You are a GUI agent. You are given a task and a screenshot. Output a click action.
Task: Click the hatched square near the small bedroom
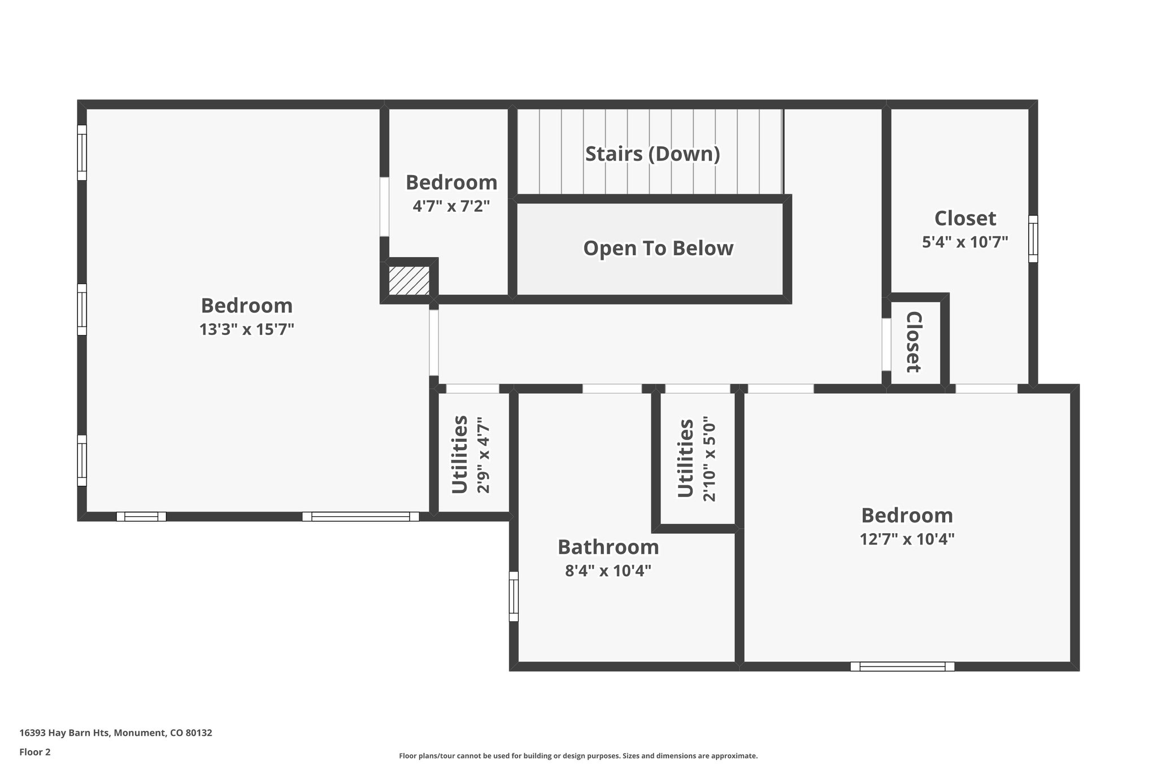409,281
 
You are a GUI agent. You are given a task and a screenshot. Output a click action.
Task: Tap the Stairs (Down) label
653,154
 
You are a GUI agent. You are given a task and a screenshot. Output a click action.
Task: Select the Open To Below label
658,249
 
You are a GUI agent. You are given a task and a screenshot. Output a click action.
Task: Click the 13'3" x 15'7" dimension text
247,329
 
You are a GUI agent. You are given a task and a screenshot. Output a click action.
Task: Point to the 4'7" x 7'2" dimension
451,206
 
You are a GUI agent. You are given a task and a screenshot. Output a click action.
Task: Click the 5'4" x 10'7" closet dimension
965,242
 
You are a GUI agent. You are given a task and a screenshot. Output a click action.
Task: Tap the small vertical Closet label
914,342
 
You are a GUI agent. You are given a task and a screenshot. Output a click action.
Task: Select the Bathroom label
608,547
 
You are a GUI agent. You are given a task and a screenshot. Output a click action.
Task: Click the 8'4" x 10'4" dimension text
608,571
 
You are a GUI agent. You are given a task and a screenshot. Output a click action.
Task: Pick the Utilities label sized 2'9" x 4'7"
460,455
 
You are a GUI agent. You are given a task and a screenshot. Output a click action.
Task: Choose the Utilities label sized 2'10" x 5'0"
685,459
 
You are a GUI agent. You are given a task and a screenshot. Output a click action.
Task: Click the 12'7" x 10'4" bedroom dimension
907,539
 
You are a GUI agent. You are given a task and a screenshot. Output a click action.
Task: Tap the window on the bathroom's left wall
514,596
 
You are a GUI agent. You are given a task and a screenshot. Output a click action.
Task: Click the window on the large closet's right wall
1033,239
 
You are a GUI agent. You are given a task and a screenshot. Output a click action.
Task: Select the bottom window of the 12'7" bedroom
902,667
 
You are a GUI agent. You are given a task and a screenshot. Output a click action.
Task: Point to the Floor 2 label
35,752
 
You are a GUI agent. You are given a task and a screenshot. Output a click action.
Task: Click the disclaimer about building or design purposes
578,756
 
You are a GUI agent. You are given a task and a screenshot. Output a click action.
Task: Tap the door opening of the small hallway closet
886,345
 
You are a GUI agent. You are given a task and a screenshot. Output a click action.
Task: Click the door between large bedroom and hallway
434,343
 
